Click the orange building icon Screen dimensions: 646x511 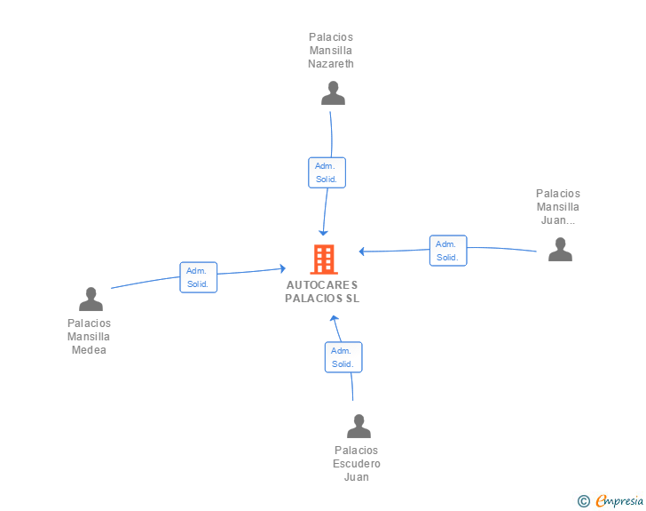324,259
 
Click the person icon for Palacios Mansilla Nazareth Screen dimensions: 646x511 333,93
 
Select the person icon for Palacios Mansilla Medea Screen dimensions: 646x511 91,299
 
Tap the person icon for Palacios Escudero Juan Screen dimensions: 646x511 358,426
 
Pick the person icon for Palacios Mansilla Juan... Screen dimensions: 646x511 560,250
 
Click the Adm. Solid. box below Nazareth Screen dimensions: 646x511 327,172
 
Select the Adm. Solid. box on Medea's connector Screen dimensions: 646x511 198,277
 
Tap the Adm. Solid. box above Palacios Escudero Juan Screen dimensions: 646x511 343,357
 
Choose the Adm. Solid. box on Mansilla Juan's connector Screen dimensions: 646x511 448,251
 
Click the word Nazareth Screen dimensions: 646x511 331,64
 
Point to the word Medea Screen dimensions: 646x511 89,350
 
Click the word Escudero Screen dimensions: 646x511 357,464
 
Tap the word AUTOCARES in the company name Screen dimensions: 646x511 322,284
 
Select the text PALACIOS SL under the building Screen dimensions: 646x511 322,298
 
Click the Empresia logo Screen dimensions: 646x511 619,501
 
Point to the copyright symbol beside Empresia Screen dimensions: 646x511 584,501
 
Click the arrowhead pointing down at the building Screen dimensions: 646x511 323,233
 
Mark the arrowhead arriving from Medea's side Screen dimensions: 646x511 283,268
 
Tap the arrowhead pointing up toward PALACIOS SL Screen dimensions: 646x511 335,318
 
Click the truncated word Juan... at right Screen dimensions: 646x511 558,220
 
